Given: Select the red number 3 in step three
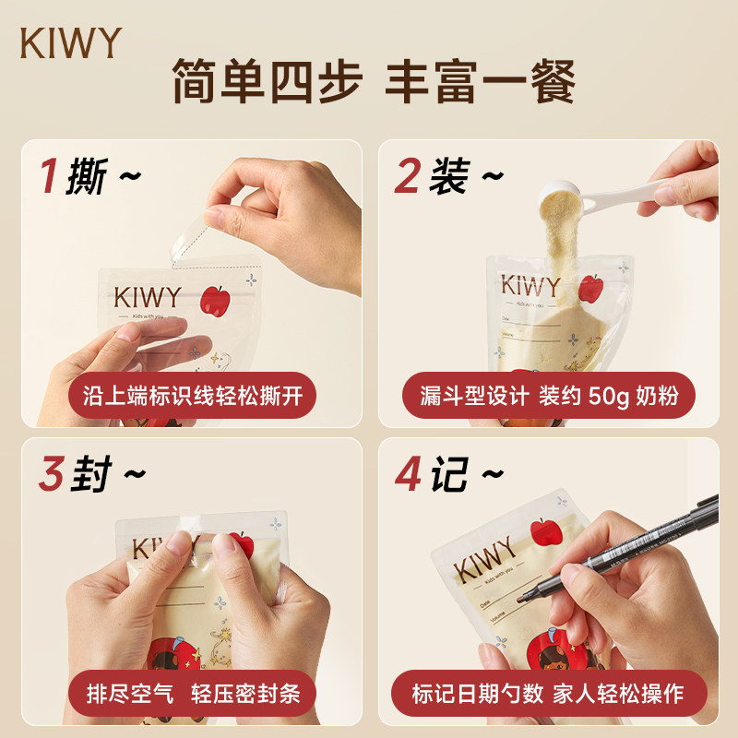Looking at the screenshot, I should point(51,473).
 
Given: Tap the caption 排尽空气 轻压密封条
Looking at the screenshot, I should point(191,694).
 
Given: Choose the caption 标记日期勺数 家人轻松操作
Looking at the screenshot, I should point(548,694).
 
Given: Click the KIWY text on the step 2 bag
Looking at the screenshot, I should point(530,285).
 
